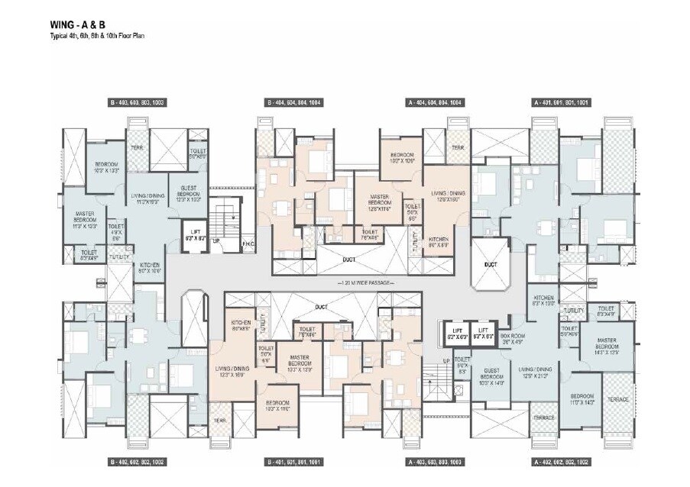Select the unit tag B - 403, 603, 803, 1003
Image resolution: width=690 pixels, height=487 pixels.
[138, 102]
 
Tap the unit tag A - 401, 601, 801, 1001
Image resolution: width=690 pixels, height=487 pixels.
[562, 102]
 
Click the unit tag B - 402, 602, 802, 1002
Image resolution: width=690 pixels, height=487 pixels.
[138, 463]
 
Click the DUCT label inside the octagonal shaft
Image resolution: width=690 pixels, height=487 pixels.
[491, 265]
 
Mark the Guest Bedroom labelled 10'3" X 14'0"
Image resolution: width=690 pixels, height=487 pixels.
[492, 378]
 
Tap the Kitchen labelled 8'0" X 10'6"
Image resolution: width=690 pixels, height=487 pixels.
[150, 268]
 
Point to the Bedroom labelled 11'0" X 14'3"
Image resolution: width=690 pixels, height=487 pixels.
[584, 402]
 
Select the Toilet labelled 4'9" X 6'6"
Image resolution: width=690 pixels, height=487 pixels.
[117, 231]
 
